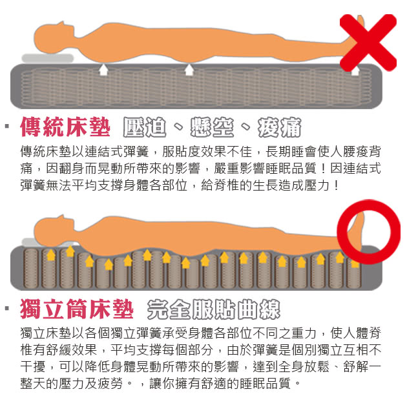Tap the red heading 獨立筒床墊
coord(76,309)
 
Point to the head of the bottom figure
coord(49,229)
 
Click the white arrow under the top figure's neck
coord(103,69)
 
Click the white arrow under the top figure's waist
coord(189,69)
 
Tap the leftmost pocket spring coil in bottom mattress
coord(30,267)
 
